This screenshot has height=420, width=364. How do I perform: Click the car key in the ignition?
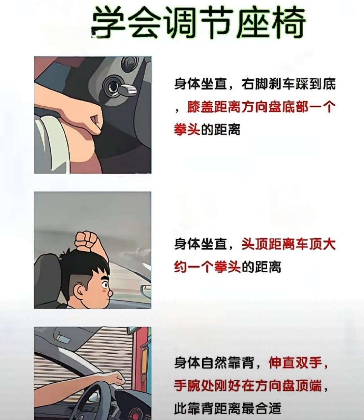click(x=127, y=90)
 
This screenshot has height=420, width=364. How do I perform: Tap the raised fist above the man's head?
click(x=87, y=241)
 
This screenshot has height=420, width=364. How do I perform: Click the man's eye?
click(x=105, y=285)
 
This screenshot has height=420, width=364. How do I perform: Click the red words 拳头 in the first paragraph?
click(x=187, y=129)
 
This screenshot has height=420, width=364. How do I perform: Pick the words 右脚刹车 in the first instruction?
click(x=269, y=84)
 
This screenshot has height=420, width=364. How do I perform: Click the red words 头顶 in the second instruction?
click(x=255, y=244)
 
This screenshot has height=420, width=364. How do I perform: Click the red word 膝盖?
click(x=201, y=107)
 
